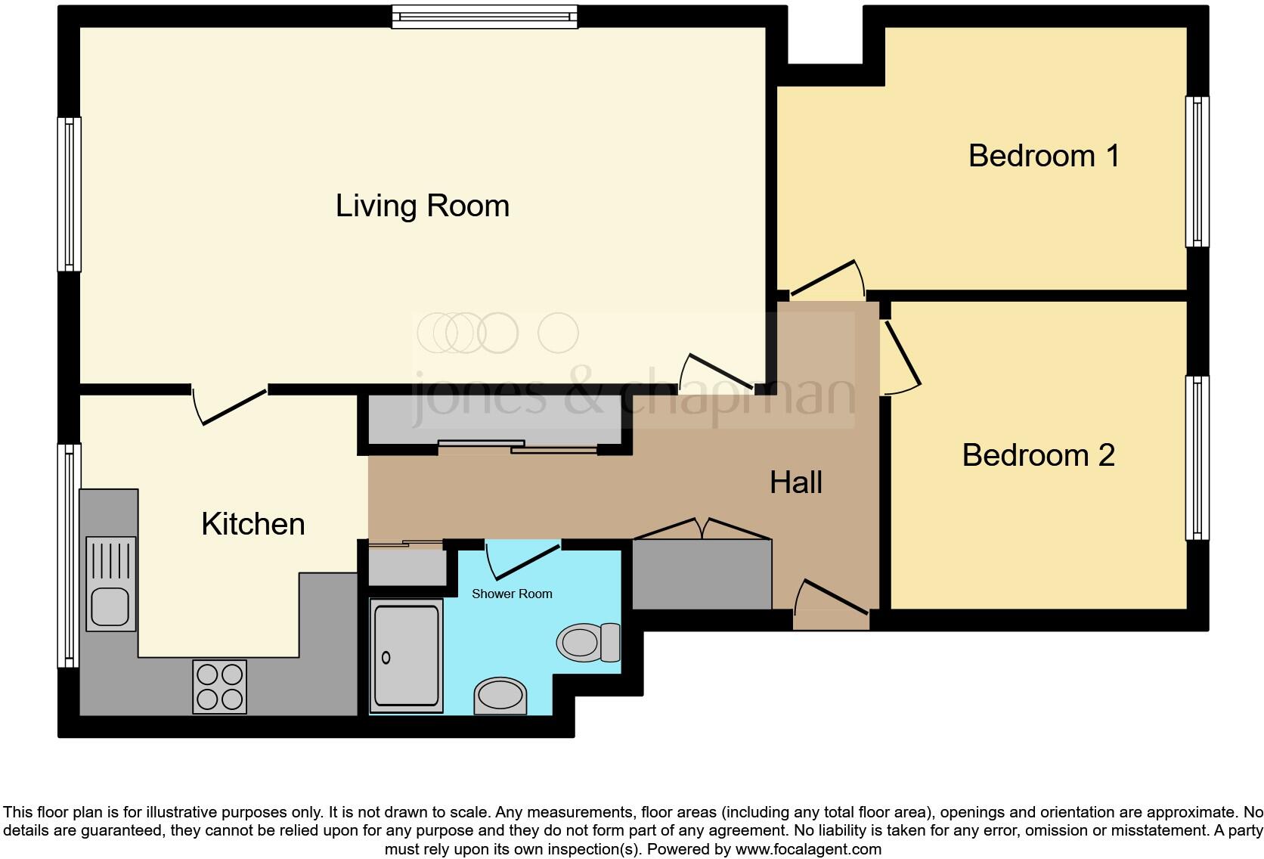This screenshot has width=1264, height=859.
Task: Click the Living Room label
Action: [422, 206]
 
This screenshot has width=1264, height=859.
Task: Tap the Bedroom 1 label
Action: [1043, 156]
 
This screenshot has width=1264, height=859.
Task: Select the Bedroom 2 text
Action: [1038, 455]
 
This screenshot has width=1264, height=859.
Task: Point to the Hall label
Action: [795, 482]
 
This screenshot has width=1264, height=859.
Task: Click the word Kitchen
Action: [252, 524]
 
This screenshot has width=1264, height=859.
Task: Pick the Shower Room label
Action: [512, 594]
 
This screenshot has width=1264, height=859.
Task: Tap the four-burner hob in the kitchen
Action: [220, 687]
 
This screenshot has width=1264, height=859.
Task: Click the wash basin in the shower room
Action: [500, 694]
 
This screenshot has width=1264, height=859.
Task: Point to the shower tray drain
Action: [386, 657]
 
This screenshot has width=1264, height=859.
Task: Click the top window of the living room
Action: [484, 17]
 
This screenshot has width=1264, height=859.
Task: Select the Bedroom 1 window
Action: [1196, 172]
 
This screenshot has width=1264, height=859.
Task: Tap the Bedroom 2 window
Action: [1196, 457]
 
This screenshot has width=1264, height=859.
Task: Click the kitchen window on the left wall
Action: [70, 556]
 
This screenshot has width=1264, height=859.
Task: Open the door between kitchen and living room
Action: [230, 405]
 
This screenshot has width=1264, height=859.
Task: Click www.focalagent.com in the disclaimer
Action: [807, 849]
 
